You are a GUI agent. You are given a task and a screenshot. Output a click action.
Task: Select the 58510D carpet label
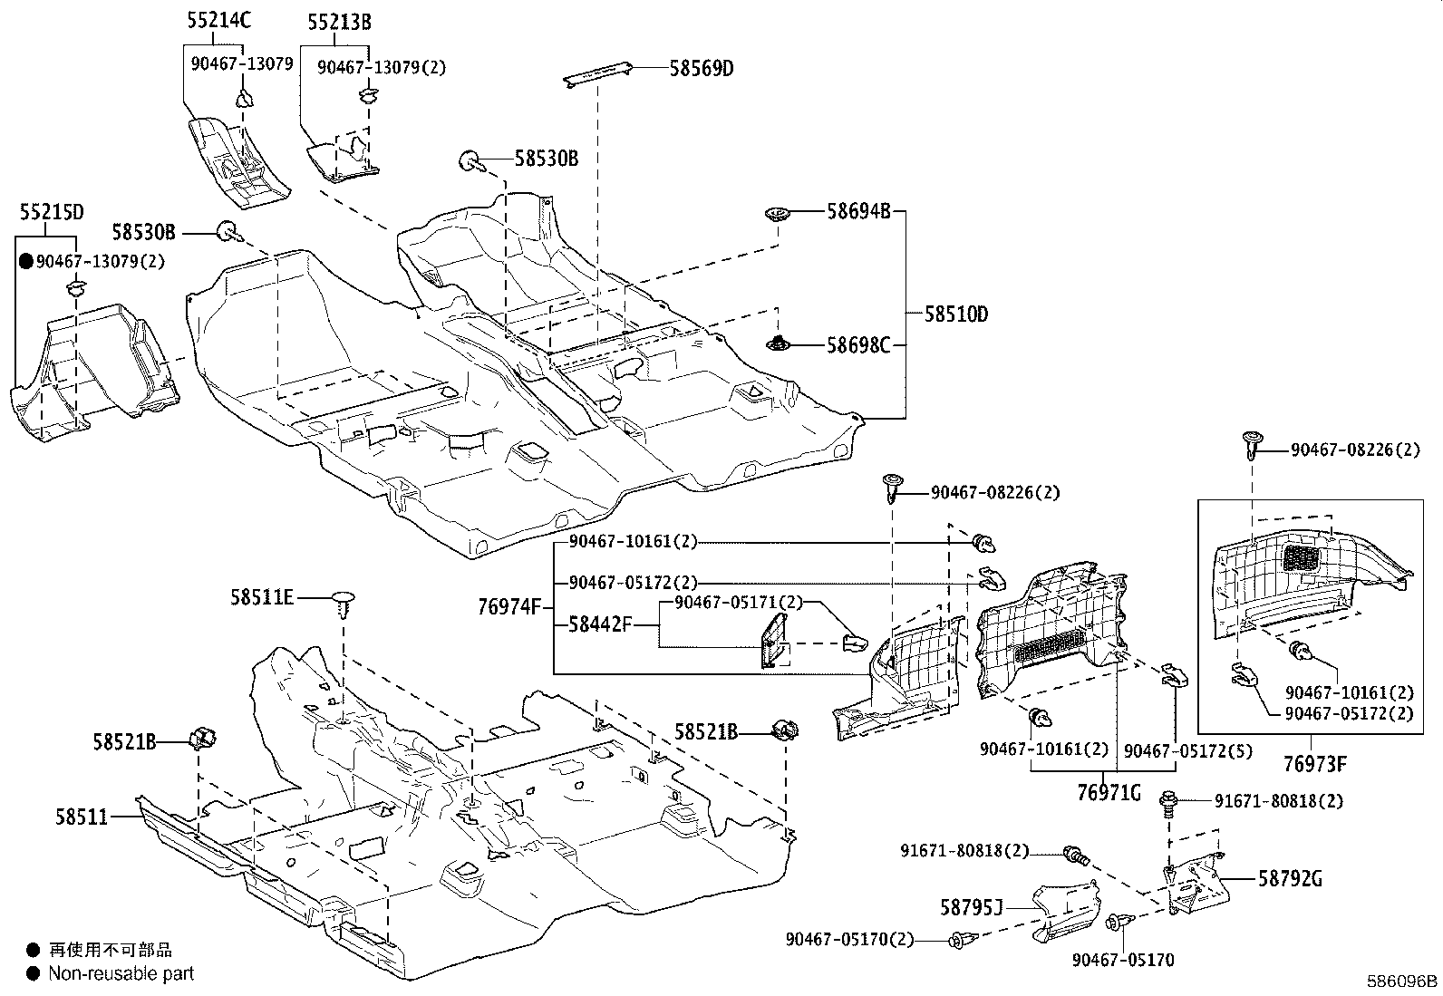pyautogui.click(x=956, y=315)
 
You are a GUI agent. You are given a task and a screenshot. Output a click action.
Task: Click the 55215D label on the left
pyautogui.click(x=52, y=212)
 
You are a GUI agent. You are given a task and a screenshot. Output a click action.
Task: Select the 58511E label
pyautogui.click(x=262, y=597)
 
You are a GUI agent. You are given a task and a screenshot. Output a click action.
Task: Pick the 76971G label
pyautogui.click(x=1109, y=793)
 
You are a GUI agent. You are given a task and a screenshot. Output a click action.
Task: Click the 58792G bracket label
pyautogui.click(x=1290, y=878)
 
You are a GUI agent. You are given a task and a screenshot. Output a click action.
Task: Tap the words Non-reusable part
pyautogui.click(x=121, y=974)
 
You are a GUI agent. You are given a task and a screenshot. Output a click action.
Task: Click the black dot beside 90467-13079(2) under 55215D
pyautogui.click(x=26, y=262)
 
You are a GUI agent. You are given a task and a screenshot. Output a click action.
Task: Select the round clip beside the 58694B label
pyautogui.click(x=777, y=215)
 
